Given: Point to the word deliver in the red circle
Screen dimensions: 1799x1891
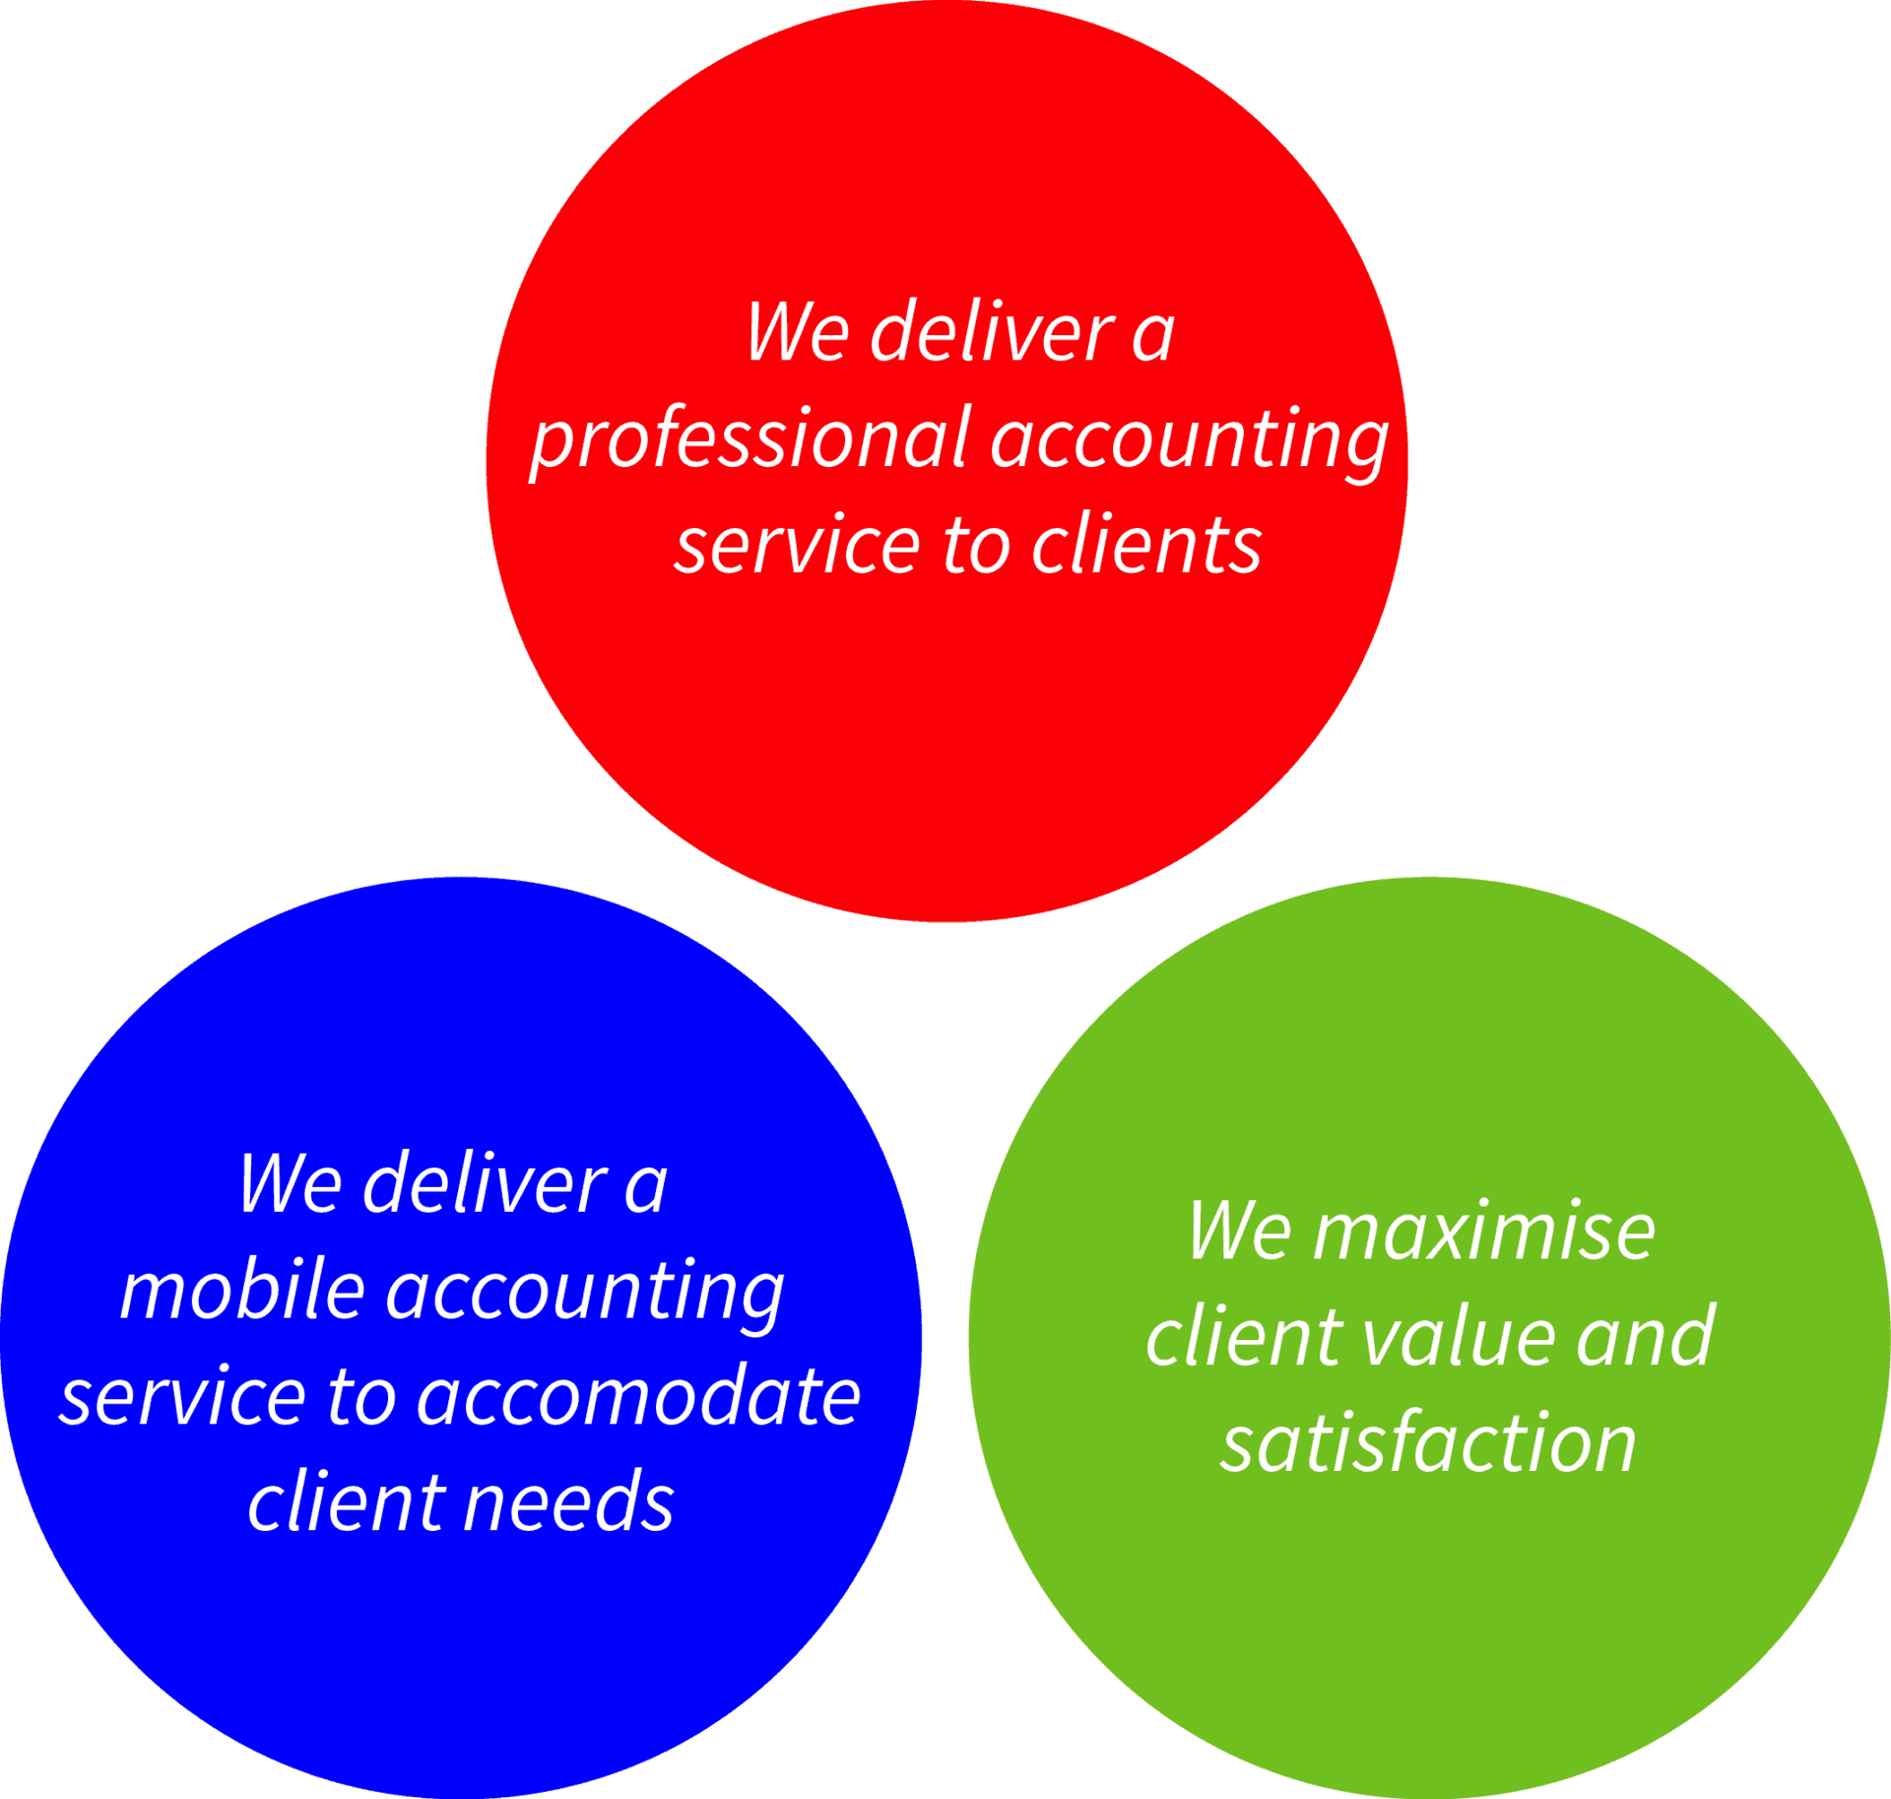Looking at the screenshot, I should (x=992, y=333).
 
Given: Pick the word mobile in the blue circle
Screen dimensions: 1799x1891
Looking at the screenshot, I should (x=242, y=1292).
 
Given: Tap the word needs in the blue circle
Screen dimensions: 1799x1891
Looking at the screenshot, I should (x=568, y=1503).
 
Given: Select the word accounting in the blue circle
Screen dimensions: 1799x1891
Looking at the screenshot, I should (x=585, y=1292).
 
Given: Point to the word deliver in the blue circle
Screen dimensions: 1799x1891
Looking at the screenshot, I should (x=485, y=1185).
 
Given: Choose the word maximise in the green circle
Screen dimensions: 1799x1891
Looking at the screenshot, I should (x=1483, y=1233).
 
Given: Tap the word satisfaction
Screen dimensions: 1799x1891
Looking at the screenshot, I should (x=1428, y=1444).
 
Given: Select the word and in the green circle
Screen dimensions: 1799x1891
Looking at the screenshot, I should (x=1645, y=1339).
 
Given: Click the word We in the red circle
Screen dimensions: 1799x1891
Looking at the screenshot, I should (x=797, y=333).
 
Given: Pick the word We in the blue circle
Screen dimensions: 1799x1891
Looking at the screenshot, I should (x=290, y=1185).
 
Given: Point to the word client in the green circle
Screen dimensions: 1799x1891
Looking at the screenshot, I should (x=1244, y=1339).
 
